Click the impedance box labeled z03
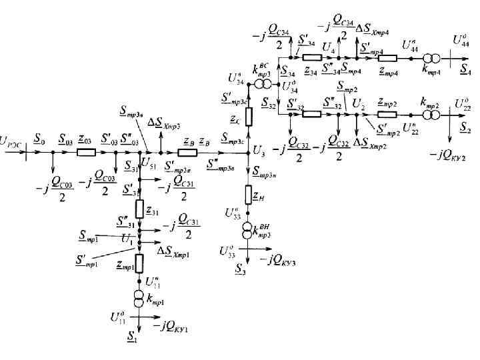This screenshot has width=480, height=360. pyautogui.click(x=87, y=152)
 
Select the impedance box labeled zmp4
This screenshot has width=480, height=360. pyautogui.click(x=387, y=58)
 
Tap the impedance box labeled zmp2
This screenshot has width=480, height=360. pyautogui.click(x=387, y=113)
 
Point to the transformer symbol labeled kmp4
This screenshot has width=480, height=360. pyautogui.click(x=431, y=58)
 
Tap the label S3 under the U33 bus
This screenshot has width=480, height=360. pyautogui.click(x=240, y=268)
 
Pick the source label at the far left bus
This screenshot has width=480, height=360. pyautogui.click(x=13, y=141)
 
